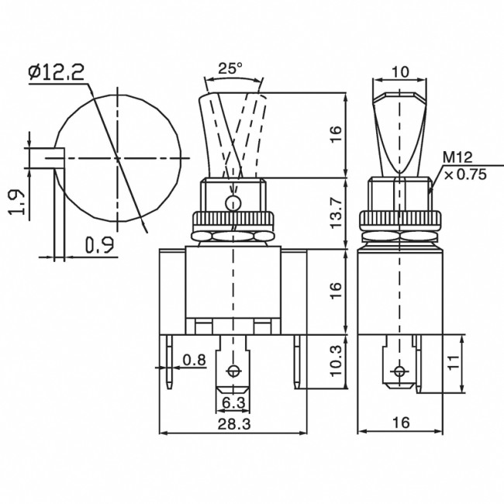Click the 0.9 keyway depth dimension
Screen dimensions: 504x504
(99, 246)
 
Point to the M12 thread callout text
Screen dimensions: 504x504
(457, 157)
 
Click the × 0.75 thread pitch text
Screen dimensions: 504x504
(464, 174)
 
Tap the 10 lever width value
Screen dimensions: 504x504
(400, 71)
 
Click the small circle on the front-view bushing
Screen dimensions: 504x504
(230, 203)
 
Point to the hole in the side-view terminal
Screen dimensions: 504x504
(399, 370)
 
